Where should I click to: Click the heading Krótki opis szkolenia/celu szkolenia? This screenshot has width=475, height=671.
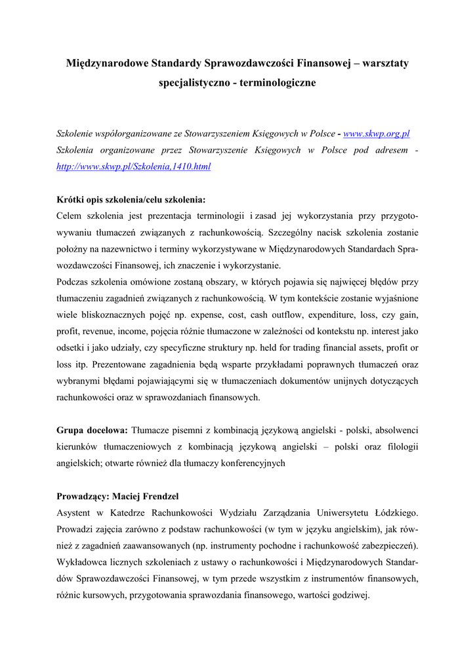(x=131, y=199)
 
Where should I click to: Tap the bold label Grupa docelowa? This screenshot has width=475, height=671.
(x=92, y=431)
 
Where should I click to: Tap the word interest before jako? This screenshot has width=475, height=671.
(x=384, y=331)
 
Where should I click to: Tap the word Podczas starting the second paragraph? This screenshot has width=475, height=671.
(x=75, y=282)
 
